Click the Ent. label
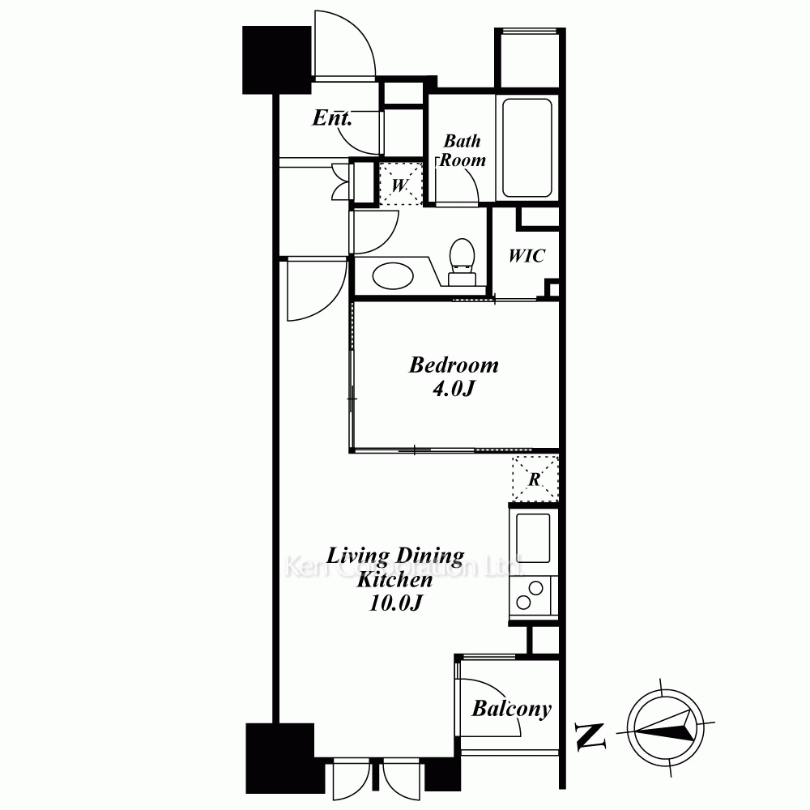point(331,117)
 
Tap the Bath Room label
point(463,151)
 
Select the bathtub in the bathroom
point(527,147)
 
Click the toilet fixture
point(462,262)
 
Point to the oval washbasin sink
point(393,275)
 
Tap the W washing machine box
point(400,185)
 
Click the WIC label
point(526,256)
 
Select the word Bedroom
point(454,365)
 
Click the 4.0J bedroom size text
point(453,389)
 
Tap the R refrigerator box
point(535,479)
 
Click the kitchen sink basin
point(534,539)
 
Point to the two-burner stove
point(530,595)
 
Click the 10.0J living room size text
point(396,603)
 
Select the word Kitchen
point(394,580)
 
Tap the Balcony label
point(511,709)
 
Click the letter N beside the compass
point(590,735)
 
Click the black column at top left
point(277,60)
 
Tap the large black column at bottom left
point(280,758)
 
